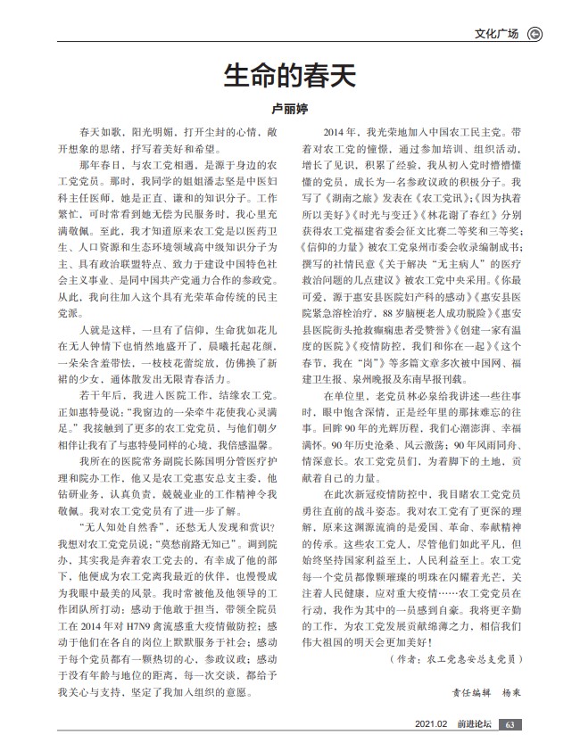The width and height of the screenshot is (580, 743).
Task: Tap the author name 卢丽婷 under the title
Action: tap(289, 108)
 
